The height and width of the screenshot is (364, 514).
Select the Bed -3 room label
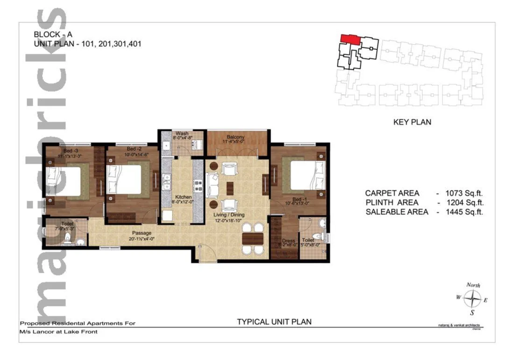[x=61, y=151]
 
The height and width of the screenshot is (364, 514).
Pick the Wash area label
[x=182, y=133]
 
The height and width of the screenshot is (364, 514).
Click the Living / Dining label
[x=229, y=215]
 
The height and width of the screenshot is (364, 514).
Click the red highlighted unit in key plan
[x=350, y=39]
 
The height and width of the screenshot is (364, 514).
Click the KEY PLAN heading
[x=412, y=122]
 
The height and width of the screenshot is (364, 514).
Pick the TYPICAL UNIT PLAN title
[x=274, y=322]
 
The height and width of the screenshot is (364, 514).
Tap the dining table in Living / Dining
[x=252, y=238]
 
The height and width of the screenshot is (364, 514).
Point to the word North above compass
[x=473, y=285]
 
